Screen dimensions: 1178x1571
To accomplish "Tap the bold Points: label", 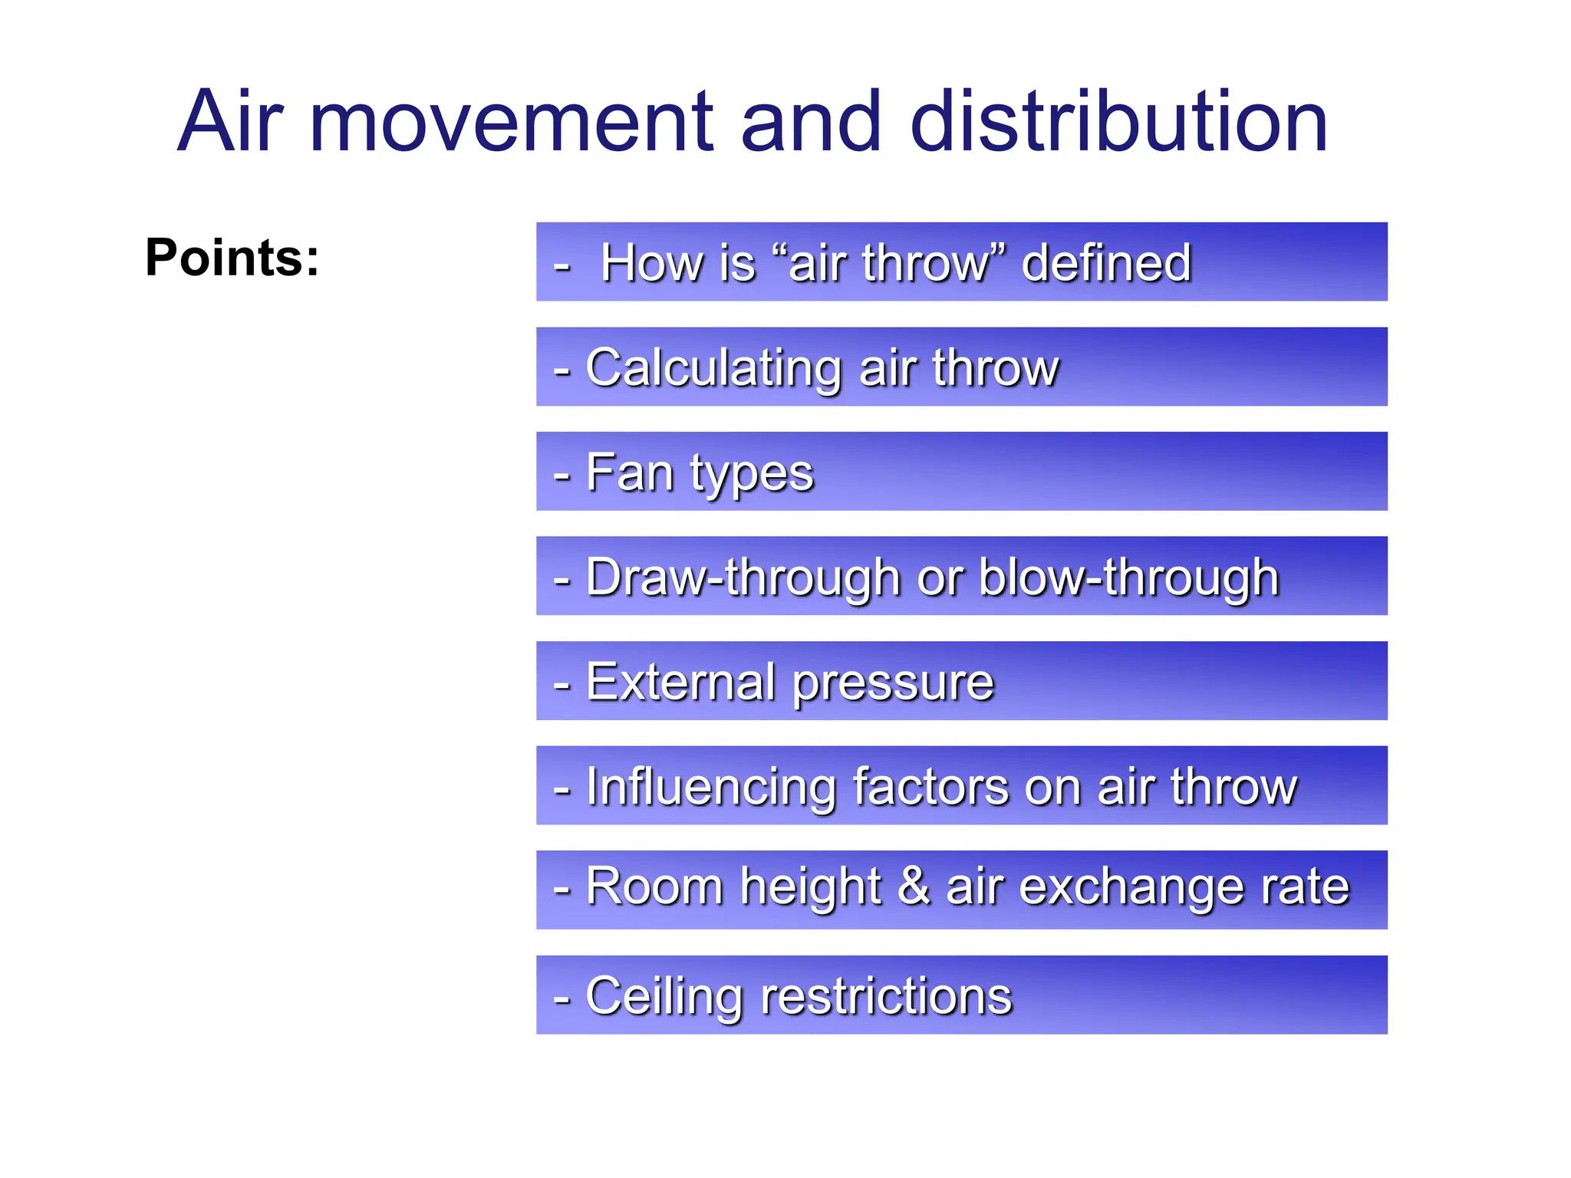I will tap(232, 258).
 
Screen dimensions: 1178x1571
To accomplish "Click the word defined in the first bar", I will tap(1106, 263).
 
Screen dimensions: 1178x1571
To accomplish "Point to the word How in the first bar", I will tap(651, 263).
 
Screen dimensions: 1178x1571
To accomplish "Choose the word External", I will tap(680, 682).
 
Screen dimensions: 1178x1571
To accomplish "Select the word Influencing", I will tap(710, 788).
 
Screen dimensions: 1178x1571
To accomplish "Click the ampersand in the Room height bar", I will tap(914, 887).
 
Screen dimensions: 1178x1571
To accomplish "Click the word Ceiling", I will tap(664, 996).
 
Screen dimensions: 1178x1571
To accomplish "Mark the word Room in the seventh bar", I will tap(654, 887).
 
